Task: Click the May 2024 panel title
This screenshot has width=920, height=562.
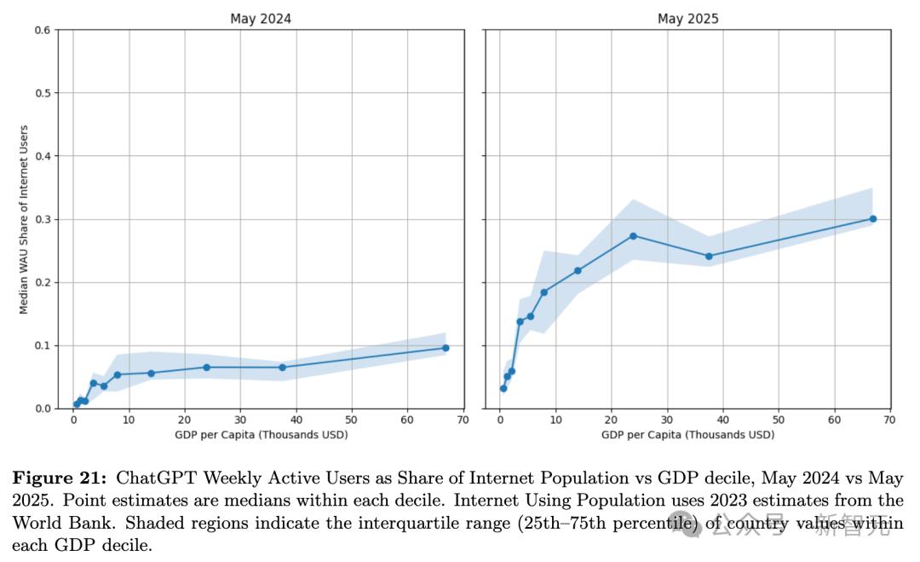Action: [x=262, y=18]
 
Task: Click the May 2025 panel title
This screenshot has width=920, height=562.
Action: [x=688, y=18]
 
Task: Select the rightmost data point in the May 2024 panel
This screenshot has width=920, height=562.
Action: [x=446, y=348]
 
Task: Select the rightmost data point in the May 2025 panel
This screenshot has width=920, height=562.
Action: [x=873, y=218]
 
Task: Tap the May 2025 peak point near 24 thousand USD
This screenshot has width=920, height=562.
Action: [x=633, y=235]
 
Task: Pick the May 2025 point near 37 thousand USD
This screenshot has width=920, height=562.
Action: [x=709, y=256]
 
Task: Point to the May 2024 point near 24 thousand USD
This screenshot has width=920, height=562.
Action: [x=206, y=368]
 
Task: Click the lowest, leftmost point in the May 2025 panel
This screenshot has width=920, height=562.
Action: [x=503, y=388]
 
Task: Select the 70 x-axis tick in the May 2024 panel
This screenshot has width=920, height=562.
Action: [x=463, y=420]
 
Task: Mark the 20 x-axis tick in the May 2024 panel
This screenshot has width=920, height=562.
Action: [x=185, y=420]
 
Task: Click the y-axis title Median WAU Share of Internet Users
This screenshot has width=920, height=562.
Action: [x=25, y=219]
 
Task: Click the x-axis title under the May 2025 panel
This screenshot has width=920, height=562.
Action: [x=688, y=435]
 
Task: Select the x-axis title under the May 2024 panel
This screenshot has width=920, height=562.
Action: [x=262, y=435]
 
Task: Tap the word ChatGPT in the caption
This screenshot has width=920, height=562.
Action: [x=149, y=478]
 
